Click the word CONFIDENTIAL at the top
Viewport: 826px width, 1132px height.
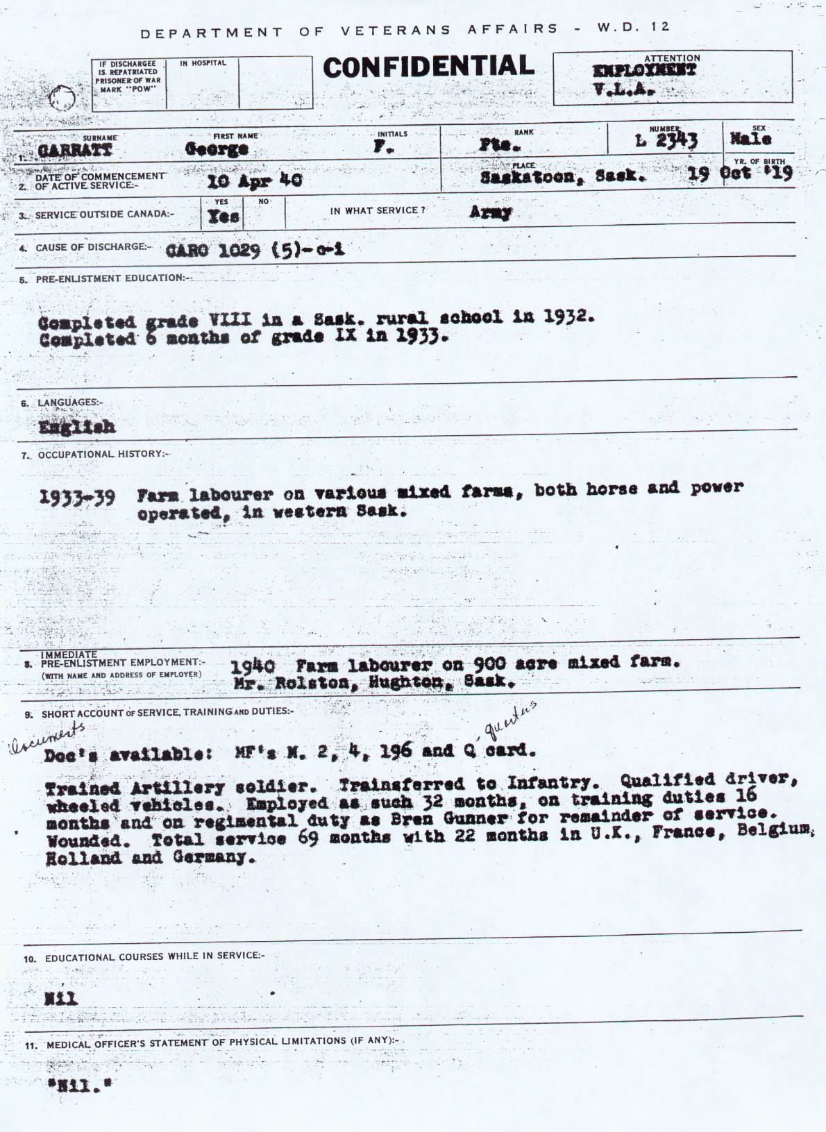(428, 67)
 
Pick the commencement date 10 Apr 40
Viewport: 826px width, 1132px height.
(254, 180)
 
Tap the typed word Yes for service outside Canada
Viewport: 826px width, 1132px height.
(224, 217)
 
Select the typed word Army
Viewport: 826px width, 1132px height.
(490, 213)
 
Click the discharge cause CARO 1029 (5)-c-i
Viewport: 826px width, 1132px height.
(255, 251)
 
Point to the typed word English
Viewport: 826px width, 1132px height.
(77, 427)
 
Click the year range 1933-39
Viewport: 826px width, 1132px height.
(77, 498)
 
